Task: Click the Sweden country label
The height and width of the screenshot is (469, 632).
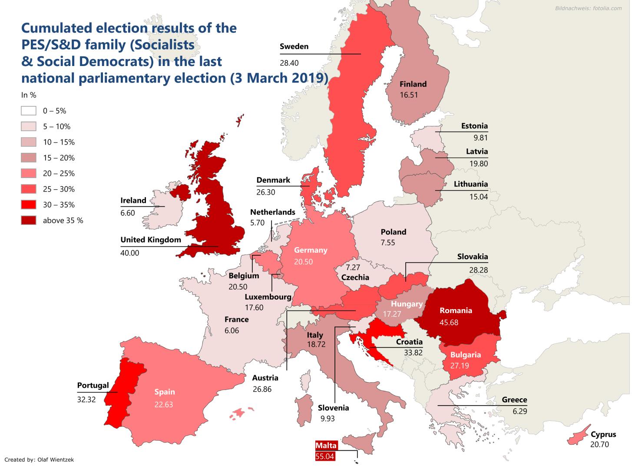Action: tap(294, 46)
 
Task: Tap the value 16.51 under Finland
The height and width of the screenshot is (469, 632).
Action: tap(409, 95)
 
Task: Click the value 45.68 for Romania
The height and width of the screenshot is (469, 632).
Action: tap(449, 323)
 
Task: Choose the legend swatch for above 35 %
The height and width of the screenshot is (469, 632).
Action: tap(29, 220)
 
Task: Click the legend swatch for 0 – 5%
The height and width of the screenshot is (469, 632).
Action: tap(29, 111)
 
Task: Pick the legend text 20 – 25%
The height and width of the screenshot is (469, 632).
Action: tap(59, 173)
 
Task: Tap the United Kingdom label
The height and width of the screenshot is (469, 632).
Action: tap(151, 240)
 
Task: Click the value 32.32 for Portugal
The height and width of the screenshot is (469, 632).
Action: tap(86, 399)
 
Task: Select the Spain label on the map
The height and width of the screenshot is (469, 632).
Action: tap(165, 392)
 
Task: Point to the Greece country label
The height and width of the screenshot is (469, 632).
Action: tap(514, 400)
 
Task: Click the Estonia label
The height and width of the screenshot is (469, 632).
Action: tap(474, 126)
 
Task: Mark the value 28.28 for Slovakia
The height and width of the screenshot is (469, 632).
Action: tap(478, 270)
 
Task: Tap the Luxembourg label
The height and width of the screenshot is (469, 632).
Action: tap(268, 297)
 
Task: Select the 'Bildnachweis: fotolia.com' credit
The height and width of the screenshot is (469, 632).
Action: tap(588, 8)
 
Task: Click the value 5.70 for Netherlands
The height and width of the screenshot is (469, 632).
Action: tap(257, 223)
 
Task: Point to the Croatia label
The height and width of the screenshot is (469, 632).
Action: tap(409, 342)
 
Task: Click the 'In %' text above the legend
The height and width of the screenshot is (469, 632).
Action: tap(29, 95)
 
